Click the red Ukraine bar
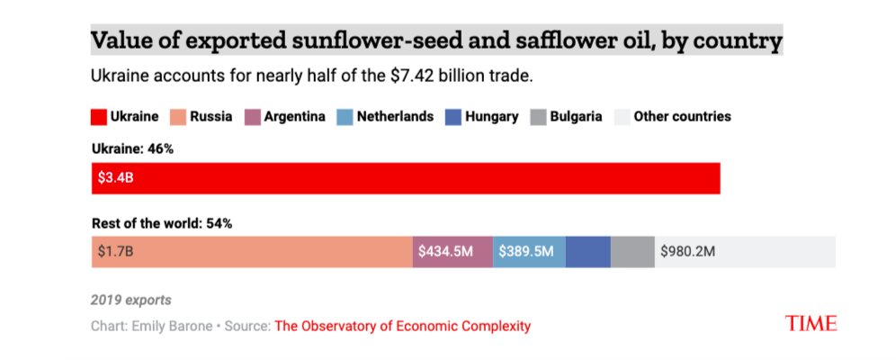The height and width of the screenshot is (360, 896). tap(405, 178)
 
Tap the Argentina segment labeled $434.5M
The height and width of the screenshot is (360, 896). tap(452, 252)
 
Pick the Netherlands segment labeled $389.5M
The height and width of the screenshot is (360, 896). tap(529, 252)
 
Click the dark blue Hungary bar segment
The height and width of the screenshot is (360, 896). tap(587, 252)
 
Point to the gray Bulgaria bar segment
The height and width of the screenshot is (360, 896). tap(632, 252)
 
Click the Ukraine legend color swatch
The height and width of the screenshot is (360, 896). tap(98, 117)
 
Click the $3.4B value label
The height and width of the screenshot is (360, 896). tap(116, 178)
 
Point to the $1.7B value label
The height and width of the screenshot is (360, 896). tap(115, 252)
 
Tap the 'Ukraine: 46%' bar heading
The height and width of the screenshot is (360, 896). tap(132, 148)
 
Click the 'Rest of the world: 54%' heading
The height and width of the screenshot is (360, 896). tap(162, 222)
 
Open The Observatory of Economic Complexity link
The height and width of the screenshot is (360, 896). tap(402, 326)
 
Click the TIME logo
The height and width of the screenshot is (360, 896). tap(811, 323)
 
